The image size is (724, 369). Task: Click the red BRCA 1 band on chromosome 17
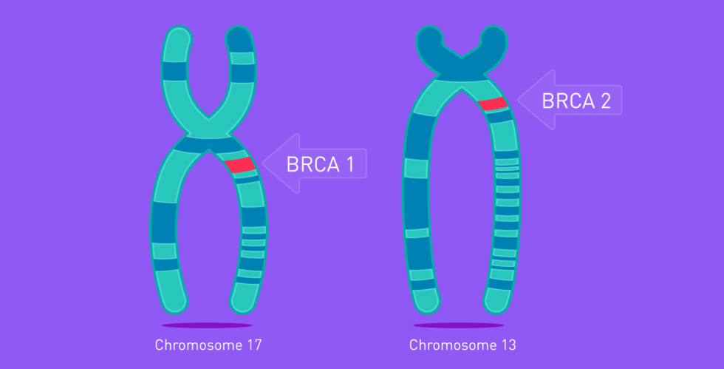pos(239,165)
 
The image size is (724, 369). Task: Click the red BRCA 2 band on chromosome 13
pos(493,104)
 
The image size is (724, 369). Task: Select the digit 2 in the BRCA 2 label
pos(605,101)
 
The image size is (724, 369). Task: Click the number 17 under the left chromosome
pos(254,345)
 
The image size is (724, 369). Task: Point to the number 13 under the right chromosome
pos(508,345)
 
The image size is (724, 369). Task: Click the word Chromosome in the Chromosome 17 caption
pos(199,345)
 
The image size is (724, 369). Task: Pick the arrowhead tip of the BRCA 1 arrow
pos(263,163)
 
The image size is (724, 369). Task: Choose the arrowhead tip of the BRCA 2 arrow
pos(518,99)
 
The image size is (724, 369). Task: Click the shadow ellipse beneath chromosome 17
pos(207,325)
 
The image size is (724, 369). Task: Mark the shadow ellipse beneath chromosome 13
pos(459,325)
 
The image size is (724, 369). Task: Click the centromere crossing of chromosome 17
pos(208,137)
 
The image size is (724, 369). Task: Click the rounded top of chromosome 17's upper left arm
pos(178,37)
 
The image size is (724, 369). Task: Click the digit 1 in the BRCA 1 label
pos(350,164)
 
